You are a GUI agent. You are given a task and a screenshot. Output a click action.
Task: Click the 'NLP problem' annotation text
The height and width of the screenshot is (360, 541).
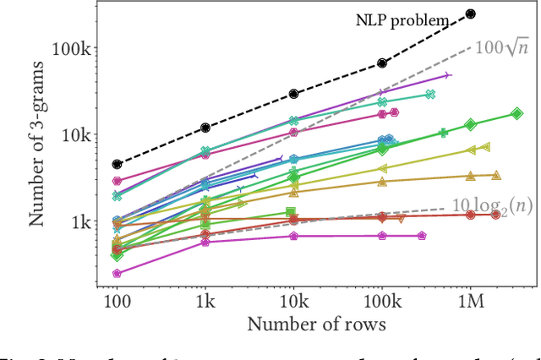(x=402, y=21)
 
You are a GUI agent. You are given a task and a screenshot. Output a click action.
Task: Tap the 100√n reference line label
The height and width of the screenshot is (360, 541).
(x=501, y=47)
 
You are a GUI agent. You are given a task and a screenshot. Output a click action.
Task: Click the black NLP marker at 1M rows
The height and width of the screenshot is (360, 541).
(x=471, y=14)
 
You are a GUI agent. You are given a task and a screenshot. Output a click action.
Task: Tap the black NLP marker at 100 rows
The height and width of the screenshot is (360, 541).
(x=117, y=164)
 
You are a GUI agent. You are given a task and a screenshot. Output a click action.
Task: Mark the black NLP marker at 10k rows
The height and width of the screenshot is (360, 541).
(x=293, y=94)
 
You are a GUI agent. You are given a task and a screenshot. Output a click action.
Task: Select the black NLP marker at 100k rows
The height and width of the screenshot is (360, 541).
(x=382, y=63)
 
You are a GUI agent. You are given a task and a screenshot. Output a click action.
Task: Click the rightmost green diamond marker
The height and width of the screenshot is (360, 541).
(x=516, y=114)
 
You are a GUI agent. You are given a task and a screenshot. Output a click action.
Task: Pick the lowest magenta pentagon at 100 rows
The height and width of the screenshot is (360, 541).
(x=117, y=274)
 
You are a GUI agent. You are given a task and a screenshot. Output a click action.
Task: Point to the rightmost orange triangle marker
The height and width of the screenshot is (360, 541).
(x=496, y=175)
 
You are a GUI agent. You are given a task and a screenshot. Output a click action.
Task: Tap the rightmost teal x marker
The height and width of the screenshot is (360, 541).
(x=430, y=95)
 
